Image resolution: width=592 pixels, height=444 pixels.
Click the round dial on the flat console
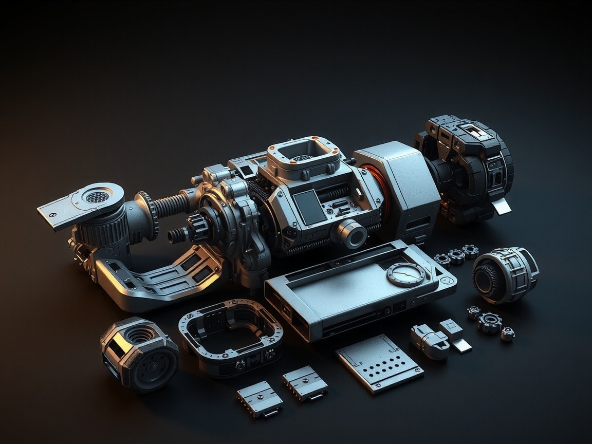click(405, 274)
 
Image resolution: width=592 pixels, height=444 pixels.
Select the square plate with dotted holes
click(379, 363)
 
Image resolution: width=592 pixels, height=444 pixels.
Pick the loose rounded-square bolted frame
click(231, 337)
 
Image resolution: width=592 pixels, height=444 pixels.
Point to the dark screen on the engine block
click(309, 207)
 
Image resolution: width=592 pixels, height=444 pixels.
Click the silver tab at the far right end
click(502, 206)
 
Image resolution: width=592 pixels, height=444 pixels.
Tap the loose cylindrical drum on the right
click(505, 274)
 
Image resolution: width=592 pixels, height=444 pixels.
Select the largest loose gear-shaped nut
click(489, 322)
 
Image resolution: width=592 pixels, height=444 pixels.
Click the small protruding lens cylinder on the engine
click(352, 233)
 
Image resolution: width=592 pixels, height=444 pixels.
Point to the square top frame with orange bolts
click(303, 154)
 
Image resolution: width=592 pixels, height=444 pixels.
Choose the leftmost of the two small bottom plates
click(260, 398)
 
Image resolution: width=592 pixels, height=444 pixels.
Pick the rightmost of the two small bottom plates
click(305, 383)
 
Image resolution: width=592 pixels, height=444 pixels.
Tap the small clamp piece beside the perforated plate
click(430, 341)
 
